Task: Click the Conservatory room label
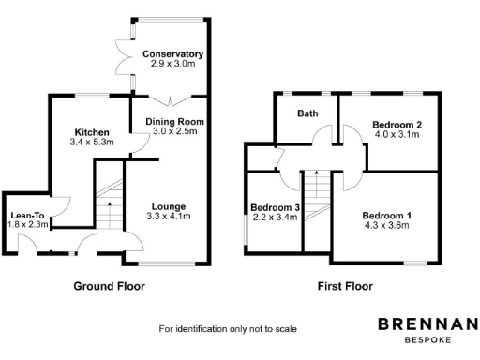[173, 53]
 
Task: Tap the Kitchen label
[91, 132]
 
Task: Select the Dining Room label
[173, 122]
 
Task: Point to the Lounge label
[168, 206]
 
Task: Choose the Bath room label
[307, 113]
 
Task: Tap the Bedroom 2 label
[397, 125]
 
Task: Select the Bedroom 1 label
[387, 215]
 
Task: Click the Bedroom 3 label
[274, 207]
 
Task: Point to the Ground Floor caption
[110, 286]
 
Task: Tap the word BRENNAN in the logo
[427, 324]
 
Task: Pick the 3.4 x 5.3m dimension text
[91, 142]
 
